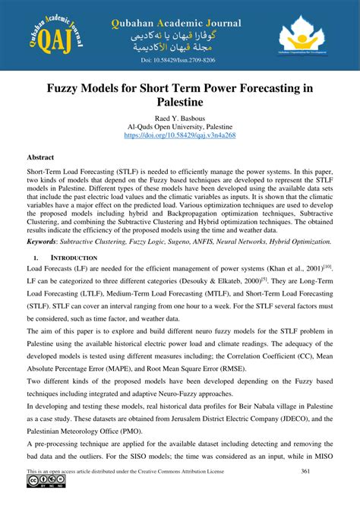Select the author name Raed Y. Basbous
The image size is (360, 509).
pyautogui.click(x=180, y=119)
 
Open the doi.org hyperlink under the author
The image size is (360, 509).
pyautogui.click(x=180, y=134)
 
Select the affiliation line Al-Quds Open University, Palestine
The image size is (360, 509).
pyautogui.click(x=180, y=127)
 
